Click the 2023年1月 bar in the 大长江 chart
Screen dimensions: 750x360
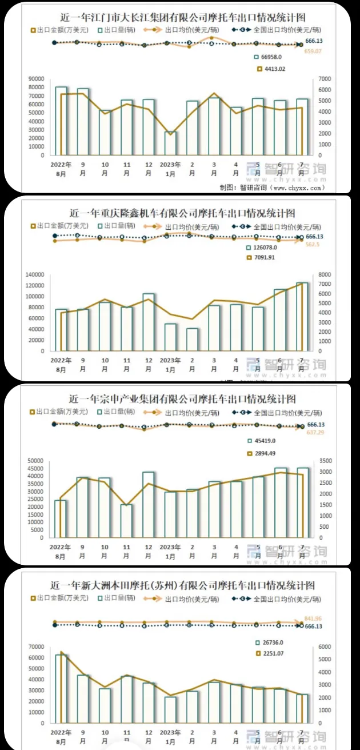pyautogui.click(x=170, y=143)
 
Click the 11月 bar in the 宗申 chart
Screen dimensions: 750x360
pyautogui.click(x=126, y=521)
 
